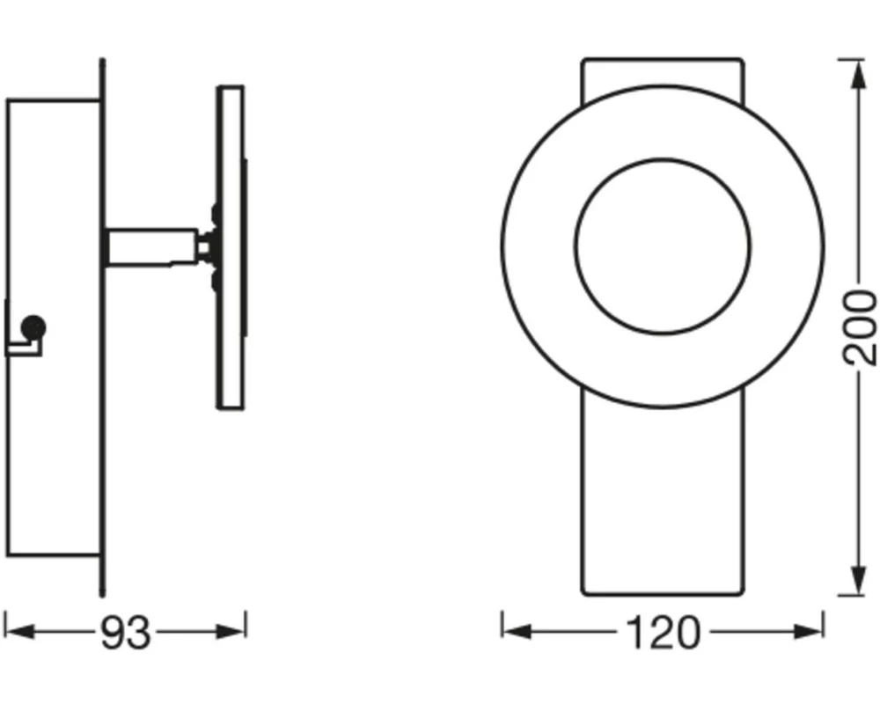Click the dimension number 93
[x=124, y=632]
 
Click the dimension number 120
[x=663, y=632]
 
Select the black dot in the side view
[x=33, y=327]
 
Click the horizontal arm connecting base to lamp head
[x=150, y=246]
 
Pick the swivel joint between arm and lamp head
[x=208, y=247]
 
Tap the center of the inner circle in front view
[x=663, y=247]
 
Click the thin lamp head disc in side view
[x=230, y=246]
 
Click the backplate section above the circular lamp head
[x=663, y=72]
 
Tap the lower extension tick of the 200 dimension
[x=852, y=595]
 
